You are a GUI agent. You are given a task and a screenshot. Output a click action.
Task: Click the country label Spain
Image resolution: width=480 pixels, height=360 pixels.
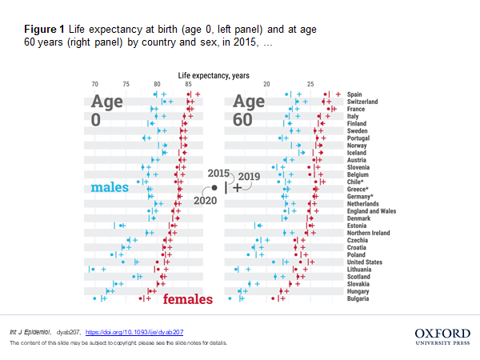point(355,94)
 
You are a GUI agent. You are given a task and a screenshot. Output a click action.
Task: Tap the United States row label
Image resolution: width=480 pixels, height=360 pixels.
point(364,262)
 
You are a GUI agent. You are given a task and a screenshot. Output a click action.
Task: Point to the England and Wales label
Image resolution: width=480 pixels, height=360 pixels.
point(372,211)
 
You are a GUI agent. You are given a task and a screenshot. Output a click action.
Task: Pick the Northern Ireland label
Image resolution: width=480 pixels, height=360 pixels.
point(369,233)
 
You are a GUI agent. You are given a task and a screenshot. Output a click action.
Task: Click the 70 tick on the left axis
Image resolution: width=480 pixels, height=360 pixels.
point(95,85)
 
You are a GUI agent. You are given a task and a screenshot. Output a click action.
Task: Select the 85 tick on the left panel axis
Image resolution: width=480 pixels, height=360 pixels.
point(188,85)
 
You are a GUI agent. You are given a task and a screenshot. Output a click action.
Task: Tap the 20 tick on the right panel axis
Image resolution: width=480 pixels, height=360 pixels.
point(267,85)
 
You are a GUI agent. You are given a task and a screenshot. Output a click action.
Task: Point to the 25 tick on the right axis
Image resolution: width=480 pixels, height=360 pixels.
point(310,85)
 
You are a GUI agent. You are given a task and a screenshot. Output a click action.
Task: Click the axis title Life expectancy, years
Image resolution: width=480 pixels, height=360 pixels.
point(213,75)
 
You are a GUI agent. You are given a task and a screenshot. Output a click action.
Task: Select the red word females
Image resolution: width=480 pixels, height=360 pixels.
point(188,300)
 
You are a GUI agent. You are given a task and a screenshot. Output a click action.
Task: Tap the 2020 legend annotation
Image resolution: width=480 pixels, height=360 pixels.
point(206,200)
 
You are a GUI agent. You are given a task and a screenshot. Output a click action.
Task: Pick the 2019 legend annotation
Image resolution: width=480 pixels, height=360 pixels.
point(249,176)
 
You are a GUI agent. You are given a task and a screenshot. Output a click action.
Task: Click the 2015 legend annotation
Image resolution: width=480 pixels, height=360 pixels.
point(218,174)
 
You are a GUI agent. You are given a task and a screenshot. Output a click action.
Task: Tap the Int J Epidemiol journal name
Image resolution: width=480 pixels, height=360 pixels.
point(30,331)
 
